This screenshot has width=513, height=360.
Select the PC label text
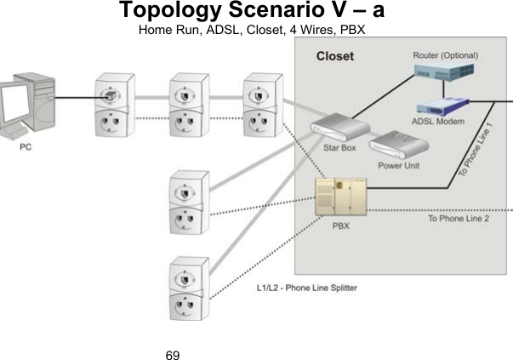26,147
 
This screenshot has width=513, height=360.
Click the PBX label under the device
340,226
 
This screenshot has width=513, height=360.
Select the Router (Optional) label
445,55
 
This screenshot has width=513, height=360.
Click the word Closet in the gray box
335,57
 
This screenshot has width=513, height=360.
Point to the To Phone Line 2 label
459,218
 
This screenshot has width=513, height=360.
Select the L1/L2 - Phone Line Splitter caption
307,288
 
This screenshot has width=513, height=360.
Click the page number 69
173,351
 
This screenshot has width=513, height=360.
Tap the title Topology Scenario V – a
256,12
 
